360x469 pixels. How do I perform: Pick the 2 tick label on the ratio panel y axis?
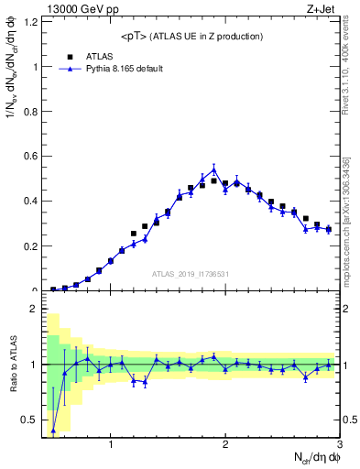click(36, 309)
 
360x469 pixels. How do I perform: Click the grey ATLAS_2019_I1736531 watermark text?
click(191, 274)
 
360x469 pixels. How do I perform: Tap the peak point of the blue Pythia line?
click(213, 169)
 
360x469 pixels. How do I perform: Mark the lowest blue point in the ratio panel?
click(53, 430)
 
